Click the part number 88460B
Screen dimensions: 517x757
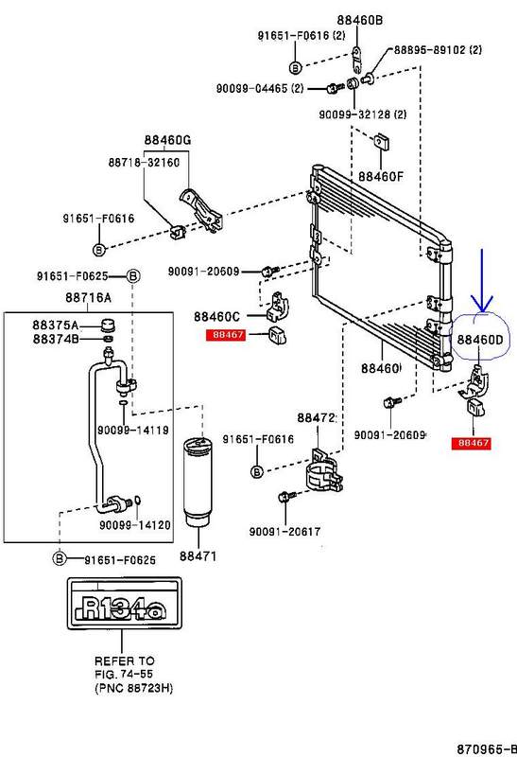pyautogui.click(x=360, y=20)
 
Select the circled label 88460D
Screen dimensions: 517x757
pyautogui.click(x=480, y=340)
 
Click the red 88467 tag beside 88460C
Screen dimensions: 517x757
pyautogui.click(x=226, y=334)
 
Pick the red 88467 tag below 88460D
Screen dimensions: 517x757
pyautogui.click(x=471, y=443)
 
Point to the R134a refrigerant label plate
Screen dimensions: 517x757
pyautogui.click(x=125, y=603)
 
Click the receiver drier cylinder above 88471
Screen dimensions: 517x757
pyautogui.click(x=198, y=483)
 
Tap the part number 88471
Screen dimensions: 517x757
pyautogui.click(x=198, y=556)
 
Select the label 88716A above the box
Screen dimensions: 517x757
pyautogui.click(x=88, y=297)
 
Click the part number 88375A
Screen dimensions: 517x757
pyautogui.click(x=56, y=325)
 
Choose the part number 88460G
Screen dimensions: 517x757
pyautogui.click(x=168, y=140)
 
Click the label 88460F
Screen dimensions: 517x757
pyautogui.click(x=381, y=176)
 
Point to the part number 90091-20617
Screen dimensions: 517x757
pyautogui.click(x=284, y=532)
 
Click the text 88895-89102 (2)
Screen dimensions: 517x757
pyautogui.click(x=438, y=50)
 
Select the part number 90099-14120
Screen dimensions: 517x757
pyautogui.click(x=135, y=524)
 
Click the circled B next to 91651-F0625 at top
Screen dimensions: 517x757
pyautogui.click(x=133, y=276)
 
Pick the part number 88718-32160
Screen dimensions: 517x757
pyautogui.click(x=144, y=162)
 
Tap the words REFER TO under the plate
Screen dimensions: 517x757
pyautogui.click(x=125, y=660)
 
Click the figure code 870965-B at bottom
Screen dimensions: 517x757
pyautogui.click(x=486, y=748)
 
